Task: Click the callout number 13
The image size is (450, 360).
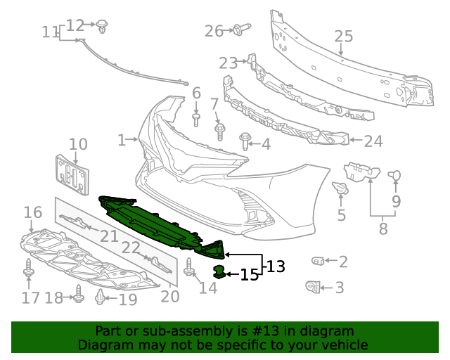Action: [x=276, y=266]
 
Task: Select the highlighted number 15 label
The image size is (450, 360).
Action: [x=250, y=275]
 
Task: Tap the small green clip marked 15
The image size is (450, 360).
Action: [x=220, y=271]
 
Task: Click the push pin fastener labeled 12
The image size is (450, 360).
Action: [x=103, y=26]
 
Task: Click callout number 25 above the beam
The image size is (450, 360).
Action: [x=342, y=36]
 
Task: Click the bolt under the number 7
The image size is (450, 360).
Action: [x=219, y=131]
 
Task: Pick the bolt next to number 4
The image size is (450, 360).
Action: [x=245, y=141]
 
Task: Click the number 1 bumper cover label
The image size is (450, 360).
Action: [x=121, y=140]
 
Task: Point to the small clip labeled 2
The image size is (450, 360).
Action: [x=317, y=262]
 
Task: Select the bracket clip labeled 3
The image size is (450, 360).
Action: [x=312, y=286]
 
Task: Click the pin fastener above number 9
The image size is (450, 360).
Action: [x=394, y=175]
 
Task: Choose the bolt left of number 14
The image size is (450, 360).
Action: [x=188, y=268]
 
